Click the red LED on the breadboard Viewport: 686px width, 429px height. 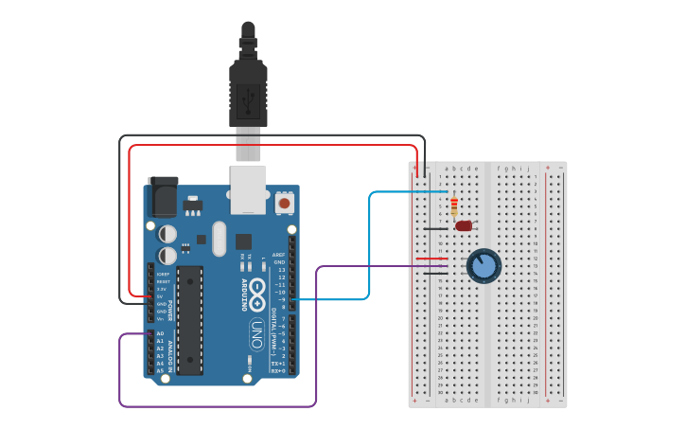[x=464, y=225]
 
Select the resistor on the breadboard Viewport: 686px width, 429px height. [x=454, y=206]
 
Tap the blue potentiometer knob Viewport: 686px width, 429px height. [x=484, y=266]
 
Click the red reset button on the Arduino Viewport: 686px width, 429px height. [x=283, y=203]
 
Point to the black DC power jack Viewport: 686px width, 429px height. [x=162, y=198]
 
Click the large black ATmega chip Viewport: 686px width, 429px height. [x=189, y=320]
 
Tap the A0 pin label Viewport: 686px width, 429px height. [x=159, y=333]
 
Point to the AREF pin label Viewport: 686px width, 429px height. [x=278, y=255]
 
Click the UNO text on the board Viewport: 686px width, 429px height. [x=257, y=333]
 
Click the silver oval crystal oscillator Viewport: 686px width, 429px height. [x=220, y=239]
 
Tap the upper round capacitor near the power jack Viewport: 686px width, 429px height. [x=167, y=233]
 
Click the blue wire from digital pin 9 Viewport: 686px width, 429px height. [x=369, y=246]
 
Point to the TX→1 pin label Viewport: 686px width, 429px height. [x=278, y=364]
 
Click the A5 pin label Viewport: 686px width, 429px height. [x=159, y=370]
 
